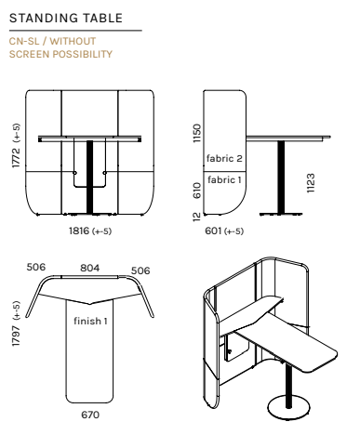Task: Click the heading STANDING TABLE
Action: (x=66, y=18)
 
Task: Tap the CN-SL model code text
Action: (x=24, y=41)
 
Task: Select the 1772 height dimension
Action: (x=16, y=158)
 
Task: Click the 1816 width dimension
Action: (x=79, y=231)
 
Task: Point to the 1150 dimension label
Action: (x=197, y=133)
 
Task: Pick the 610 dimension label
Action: (x=197, y=191)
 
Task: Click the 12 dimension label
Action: (x=197, y=217)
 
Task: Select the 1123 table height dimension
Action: (x=311, y=183)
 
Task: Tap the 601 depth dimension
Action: (x=213, y=231)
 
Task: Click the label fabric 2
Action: (x=224, y=158)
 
